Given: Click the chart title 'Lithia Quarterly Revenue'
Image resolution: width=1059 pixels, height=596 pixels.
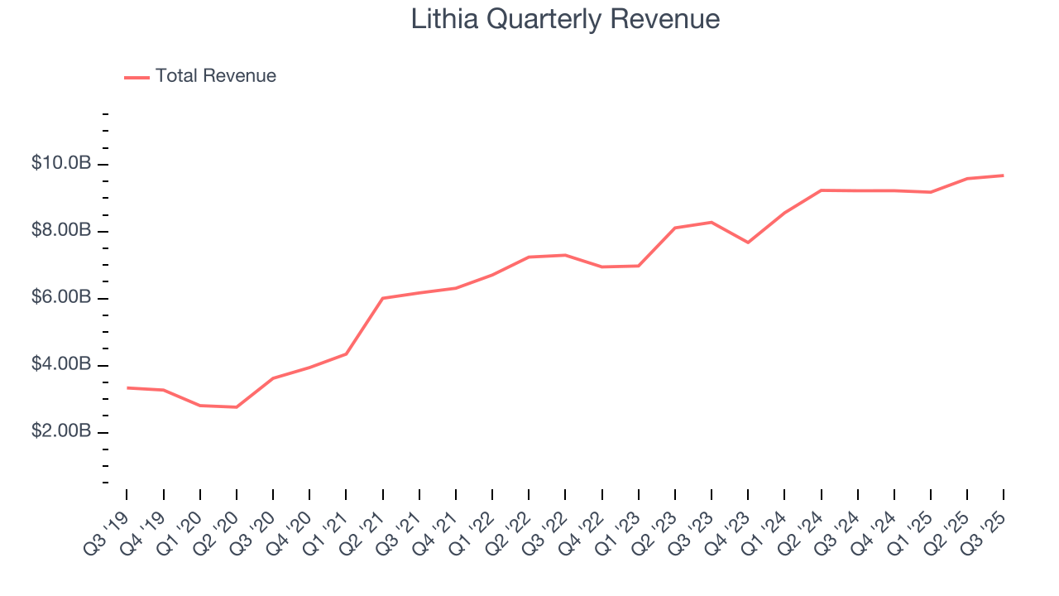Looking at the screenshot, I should tap(565, 19).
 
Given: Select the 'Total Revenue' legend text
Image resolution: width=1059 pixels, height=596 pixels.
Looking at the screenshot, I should tap(215, 76).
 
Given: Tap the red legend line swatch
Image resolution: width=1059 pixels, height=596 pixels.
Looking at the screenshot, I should tap(137, 77).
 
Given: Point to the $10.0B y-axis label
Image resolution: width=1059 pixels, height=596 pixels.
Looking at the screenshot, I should tap(61, 164).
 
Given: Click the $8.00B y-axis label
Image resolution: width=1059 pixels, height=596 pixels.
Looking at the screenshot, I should tap(61, 231).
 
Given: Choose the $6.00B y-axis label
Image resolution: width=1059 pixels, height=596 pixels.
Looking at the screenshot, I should tap(61, 298).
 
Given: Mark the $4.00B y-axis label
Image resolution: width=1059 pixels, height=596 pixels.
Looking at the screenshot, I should tap(61, 365).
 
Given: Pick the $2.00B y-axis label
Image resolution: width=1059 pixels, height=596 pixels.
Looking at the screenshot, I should tap(61, 432).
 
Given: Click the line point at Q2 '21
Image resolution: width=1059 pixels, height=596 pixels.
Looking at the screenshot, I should tap(382, 298).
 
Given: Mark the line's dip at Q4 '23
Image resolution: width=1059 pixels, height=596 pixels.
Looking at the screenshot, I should tap(748, 243).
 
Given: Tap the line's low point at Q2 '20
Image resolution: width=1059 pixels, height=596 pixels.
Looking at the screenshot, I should tap(237, 407).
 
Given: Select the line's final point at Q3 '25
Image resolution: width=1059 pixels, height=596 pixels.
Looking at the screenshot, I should tap(1003, 175).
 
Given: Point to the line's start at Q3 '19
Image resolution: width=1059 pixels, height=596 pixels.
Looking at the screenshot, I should tap(127, 387).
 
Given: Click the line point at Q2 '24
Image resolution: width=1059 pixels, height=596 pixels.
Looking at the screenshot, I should tap(821, 190).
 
